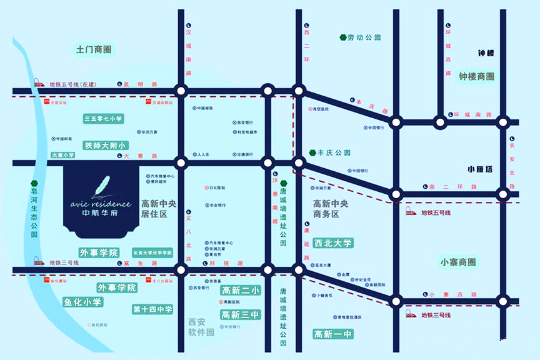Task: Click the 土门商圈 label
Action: point(93,49)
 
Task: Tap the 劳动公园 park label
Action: point(364,37)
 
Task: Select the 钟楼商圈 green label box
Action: point(476,76)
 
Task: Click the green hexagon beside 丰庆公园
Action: point(312,152)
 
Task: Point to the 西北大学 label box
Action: point(334,243)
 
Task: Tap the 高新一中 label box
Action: point(334,334)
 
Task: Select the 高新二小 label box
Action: point(240,291)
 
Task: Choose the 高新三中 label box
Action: point(240,315)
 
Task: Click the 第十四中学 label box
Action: point(151,309)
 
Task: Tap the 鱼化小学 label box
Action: point(82,302)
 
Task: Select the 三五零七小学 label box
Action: point(104,118)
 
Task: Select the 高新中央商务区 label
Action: point(334,208)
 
